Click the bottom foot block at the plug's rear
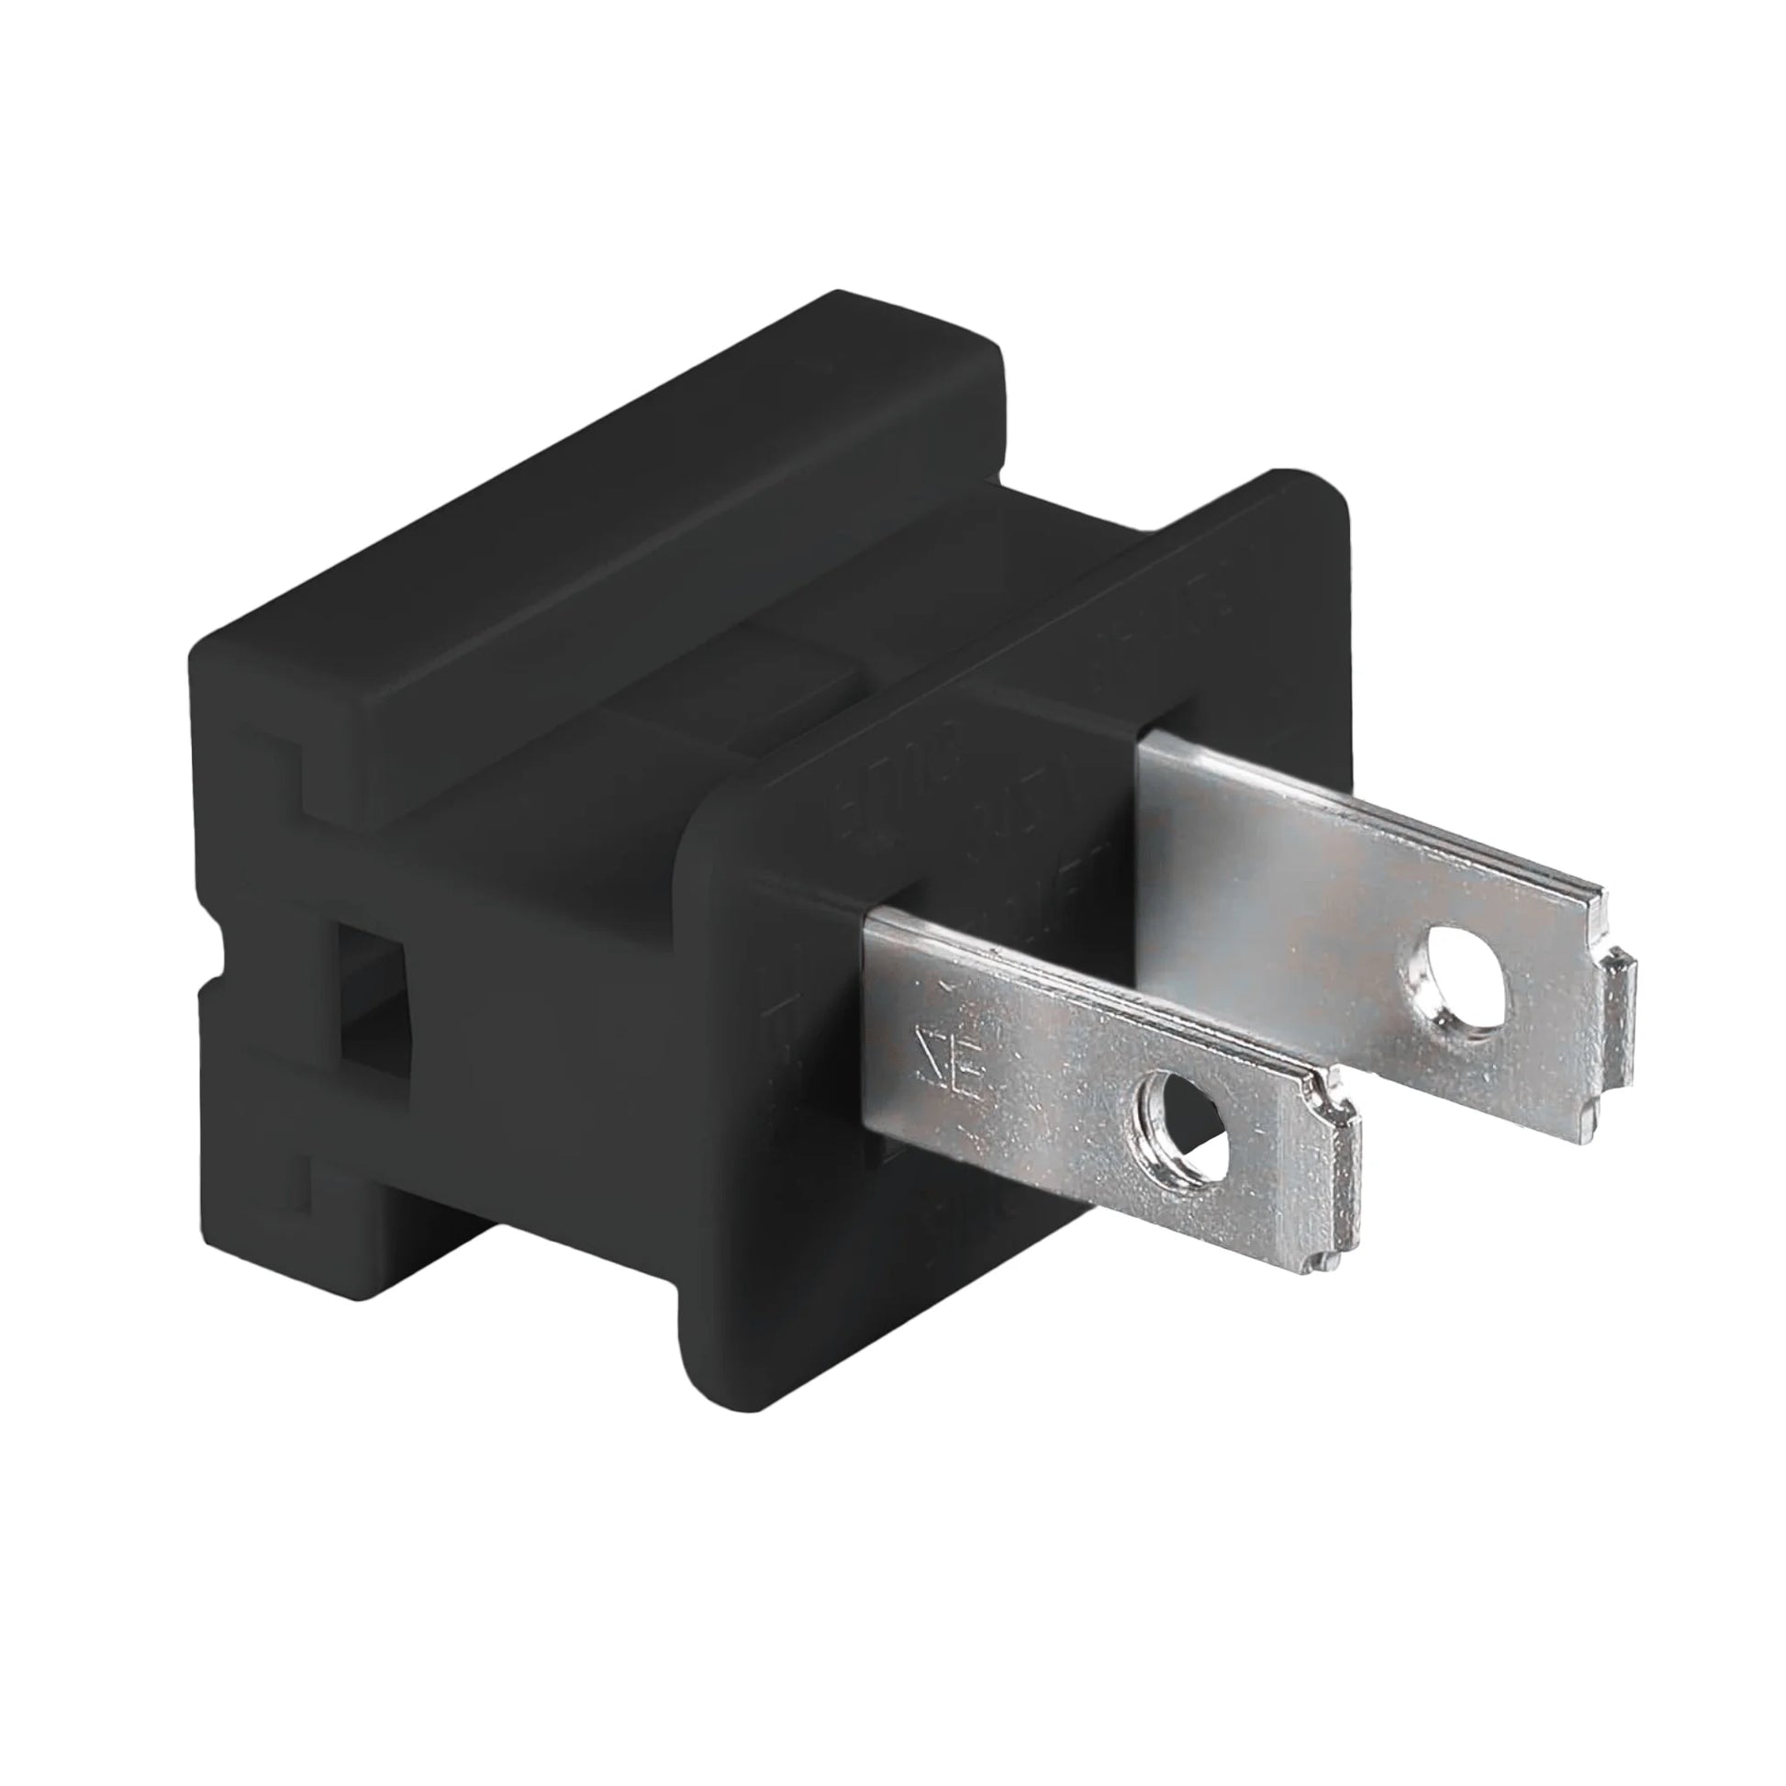[277, 1201]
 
